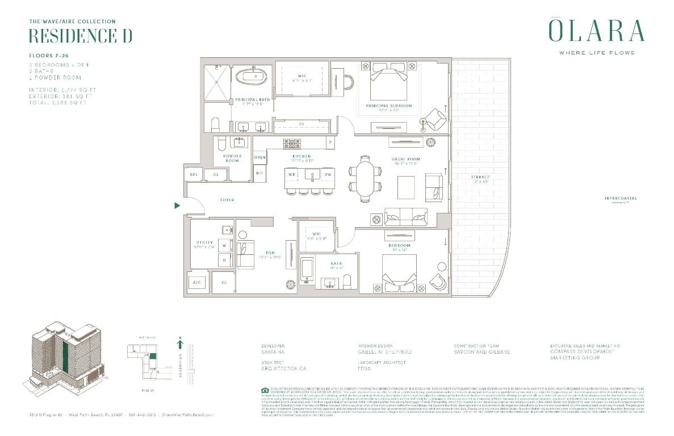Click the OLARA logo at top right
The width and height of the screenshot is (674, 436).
[596, 31]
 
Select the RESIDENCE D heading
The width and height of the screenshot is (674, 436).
[80, 36]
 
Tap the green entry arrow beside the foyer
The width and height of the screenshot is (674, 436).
[177, 206]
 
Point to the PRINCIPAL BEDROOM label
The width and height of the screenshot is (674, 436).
[388, 106]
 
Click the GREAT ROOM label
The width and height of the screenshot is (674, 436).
[405, 160]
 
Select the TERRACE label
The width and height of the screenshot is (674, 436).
[480, 178]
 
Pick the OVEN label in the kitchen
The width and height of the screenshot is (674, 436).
[260, 157]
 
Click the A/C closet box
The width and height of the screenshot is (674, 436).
[196, 282]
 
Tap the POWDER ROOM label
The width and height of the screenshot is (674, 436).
[232, 158]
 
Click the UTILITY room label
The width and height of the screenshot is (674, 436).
[204, 243]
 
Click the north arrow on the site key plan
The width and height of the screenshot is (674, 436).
[180, 342]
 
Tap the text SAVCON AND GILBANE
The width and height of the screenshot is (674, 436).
[482, 352]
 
